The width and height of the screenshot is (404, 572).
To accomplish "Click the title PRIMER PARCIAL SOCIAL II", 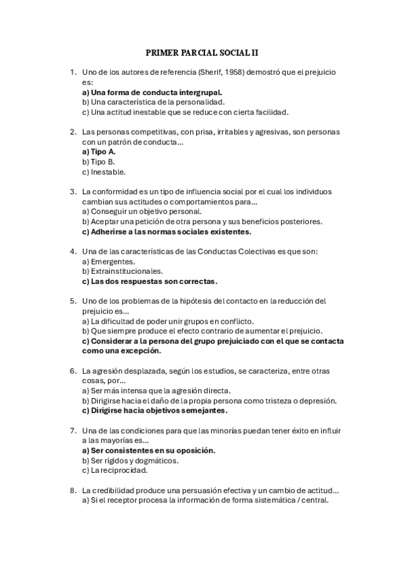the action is click(202, 51).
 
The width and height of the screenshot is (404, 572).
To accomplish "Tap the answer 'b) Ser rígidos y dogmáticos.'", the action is click(130, 460).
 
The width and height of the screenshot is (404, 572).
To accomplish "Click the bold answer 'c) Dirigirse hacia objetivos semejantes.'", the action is click(154, 410).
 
